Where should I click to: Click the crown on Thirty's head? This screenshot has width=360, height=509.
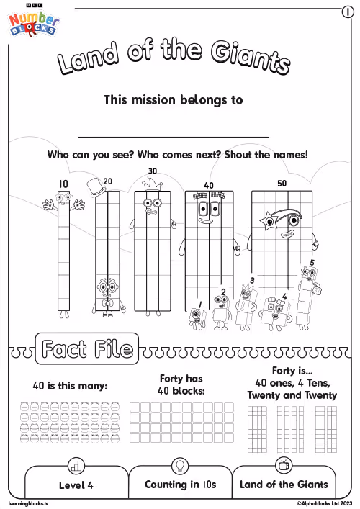click(x=152, y=184)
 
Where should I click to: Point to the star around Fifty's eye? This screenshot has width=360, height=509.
click(x=269, y=221)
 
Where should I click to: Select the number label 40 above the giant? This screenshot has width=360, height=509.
click(x=209, y=185)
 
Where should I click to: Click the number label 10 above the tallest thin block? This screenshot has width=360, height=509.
click(x=63, y=184)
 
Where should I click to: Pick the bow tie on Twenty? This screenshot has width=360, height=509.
click(x=107, y=304)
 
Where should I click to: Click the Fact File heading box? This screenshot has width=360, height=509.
click(x=87, y=348)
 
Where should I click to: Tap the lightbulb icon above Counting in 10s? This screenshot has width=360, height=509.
click(x=179, y=466)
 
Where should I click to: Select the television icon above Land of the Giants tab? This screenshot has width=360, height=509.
click(x=284, y=465)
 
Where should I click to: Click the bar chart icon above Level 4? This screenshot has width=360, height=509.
click(x=76, y=466)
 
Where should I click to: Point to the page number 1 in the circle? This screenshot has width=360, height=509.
click(x=348, y=12)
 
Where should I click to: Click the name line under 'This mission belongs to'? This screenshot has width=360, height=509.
click(x=174, y=138)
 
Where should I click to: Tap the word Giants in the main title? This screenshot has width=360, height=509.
click(x=251, y=58)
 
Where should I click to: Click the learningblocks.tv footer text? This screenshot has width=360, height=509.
click(x=28, y=503)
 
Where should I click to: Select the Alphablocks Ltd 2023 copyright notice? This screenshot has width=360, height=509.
click(x=325, y=503)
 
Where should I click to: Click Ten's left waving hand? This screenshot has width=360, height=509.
click(x=49, y=204)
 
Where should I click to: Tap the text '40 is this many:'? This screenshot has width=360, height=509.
click(x=70, y=386)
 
